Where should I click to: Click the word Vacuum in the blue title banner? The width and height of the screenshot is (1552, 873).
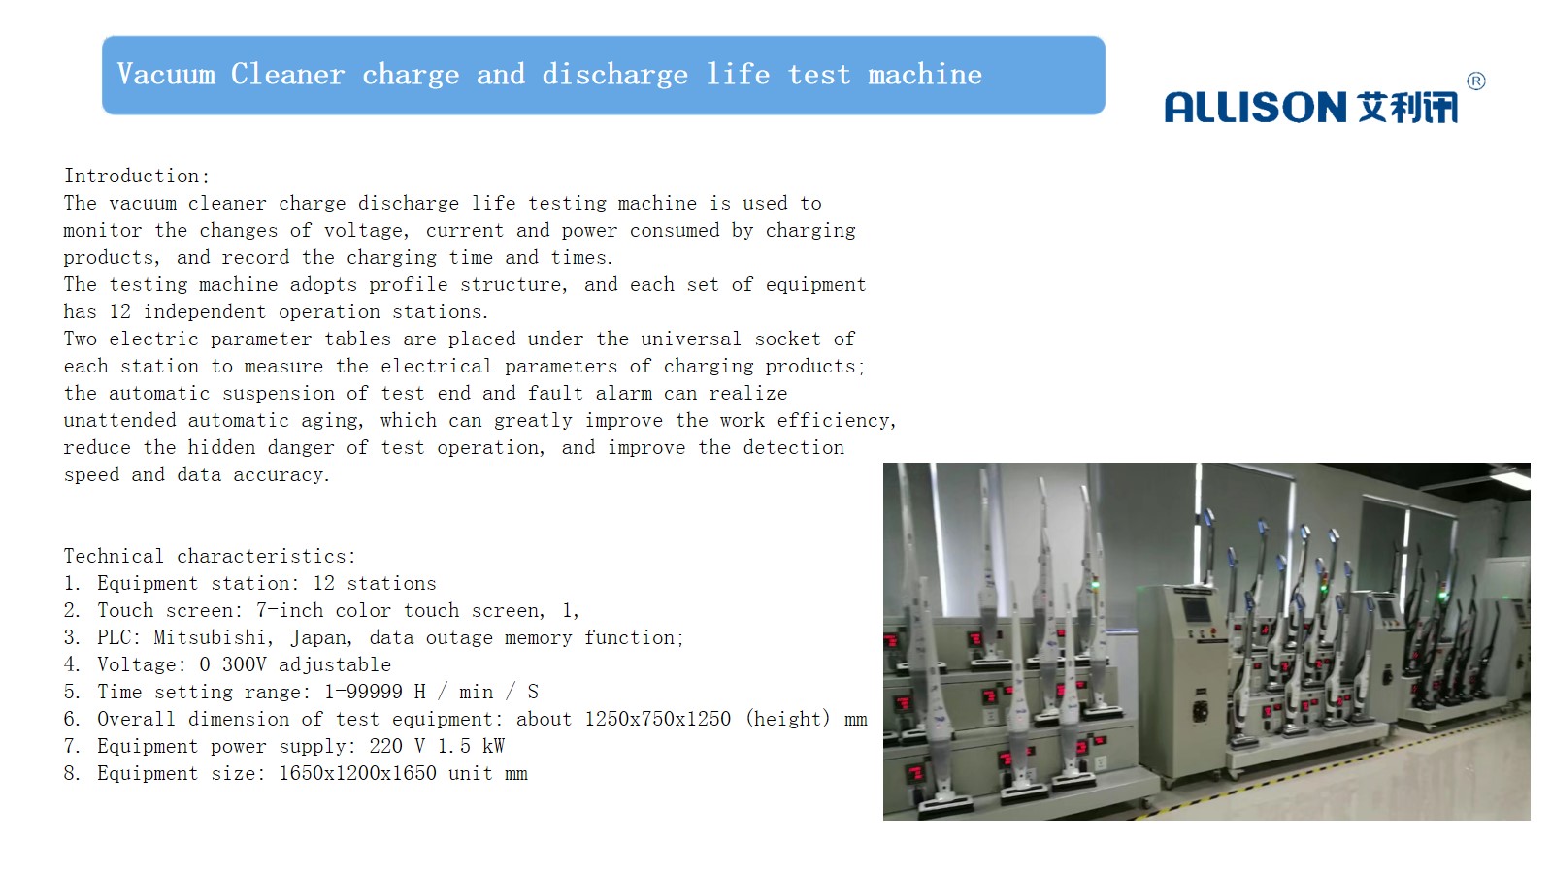click(x=166, y=74)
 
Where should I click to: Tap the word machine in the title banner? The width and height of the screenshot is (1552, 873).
click(x=925, y=74)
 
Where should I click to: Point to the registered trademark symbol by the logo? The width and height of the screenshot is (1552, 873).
click(x=1475, y=81)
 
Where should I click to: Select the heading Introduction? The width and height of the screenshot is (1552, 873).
click(x=137, y=176)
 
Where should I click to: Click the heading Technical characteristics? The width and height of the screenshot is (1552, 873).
click(x=210, y=556)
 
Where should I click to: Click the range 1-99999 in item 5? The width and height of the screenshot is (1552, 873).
click(x=364, y=692)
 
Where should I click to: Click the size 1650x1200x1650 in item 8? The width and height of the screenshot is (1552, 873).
click(x=357, y=773)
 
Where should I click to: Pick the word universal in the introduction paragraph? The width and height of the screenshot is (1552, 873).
click(x=691, y=339)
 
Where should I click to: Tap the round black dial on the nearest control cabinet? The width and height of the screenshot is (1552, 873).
click(x=1200, y=710)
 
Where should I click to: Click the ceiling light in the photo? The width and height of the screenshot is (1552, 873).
click(x=1511, y=478)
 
